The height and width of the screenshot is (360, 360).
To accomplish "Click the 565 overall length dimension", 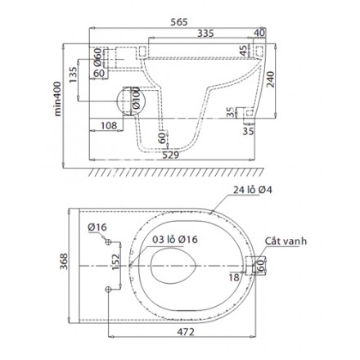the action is click(179, 22).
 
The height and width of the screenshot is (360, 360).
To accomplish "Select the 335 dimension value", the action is click(205, 34).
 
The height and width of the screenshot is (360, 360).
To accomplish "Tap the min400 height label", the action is click(57, 99).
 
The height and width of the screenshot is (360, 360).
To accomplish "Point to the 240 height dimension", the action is click(270, 79).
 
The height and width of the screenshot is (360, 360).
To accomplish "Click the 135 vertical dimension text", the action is click(74, 75).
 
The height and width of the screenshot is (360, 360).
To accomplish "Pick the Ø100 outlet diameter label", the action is click(136, 97).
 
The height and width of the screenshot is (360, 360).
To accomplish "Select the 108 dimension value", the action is click(109, 126).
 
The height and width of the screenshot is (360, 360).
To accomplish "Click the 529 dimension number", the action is click(171, 155).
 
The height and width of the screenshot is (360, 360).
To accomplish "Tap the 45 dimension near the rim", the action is click(244, 51).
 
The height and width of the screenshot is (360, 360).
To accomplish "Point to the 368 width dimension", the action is click(64, 261).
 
